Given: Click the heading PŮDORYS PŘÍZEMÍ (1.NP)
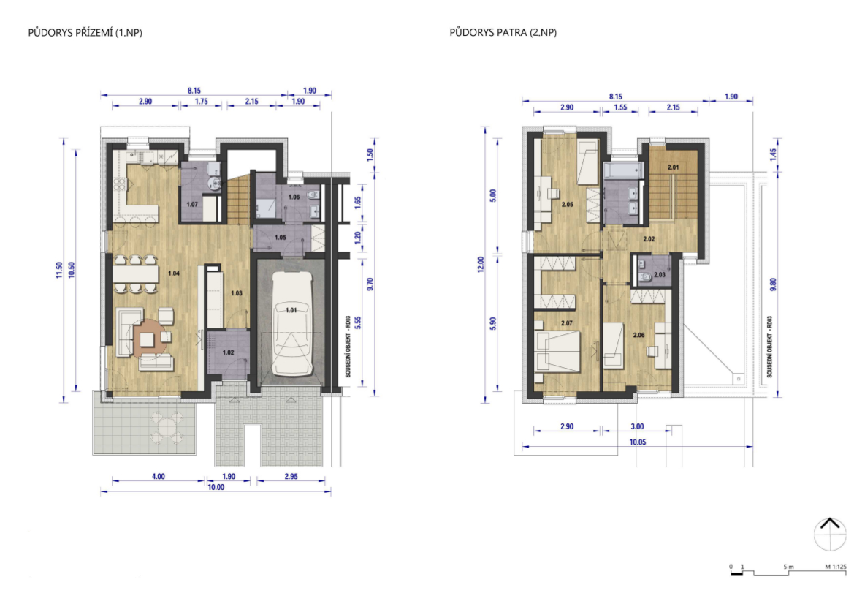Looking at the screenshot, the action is tap(85, 33).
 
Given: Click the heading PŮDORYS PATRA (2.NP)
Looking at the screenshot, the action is tap(503, 33).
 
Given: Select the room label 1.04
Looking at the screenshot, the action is tap(174, 273).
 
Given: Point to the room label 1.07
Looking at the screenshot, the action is tap(191, 205).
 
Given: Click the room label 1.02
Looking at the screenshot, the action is tap(228, 352).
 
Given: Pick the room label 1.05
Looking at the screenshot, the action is tap(280, 237).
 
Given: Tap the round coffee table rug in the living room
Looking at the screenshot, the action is tap(147, 339).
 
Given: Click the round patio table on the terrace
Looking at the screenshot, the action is tap(165, 427).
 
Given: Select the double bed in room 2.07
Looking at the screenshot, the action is tap(557, 352).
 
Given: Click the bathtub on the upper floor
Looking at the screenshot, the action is tap(624, 170).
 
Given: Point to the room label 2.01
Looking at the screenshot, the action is tap(673, 167).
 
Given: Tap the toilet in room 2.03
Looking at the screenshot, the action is tap(645, 277).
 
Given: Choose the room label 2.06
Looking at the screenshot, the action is tap(638, 335).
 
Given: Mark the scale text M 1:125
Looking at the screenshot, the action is tap(836, 567).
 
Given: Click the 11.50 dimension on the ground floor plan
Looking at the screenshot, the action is tap(59, 270).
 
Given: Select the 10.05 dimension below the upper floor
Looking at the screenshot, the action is tap(637, 442).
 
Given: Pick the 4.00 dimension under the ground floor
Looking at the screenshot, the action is tap(158, 477).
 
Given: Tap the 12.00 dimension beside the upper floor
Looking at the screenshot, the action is tap(481, 265).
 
